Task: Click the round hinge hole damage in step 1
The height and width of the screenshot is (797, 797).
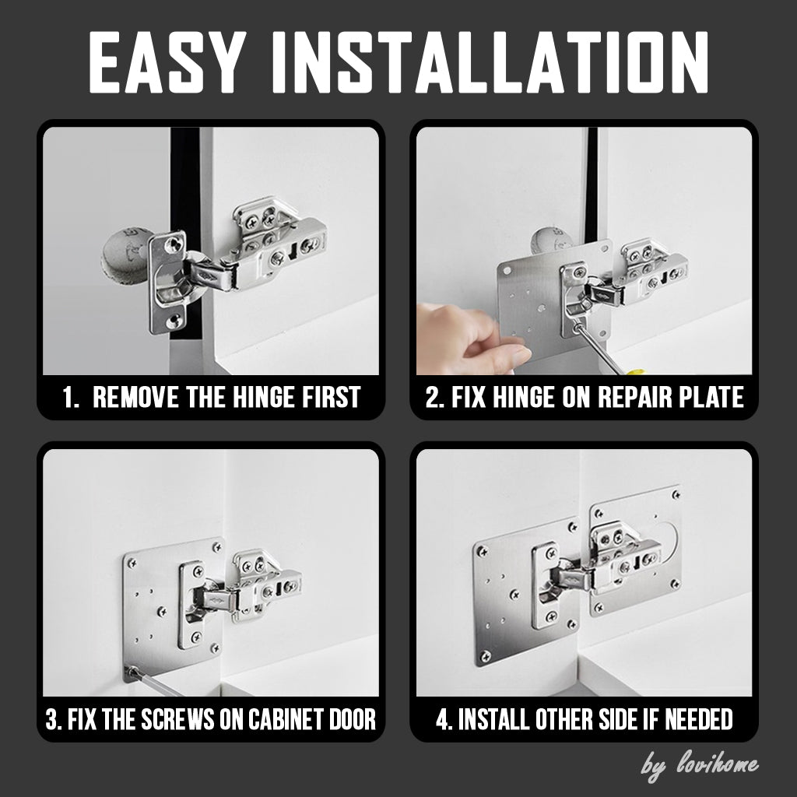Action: (x=125, y=253)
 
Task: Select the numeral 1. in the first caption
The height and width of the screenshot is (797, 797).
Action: (x=71, y=397)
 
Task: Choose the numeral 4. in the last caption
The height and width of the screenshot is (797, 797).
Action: (x=444, y=719)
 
